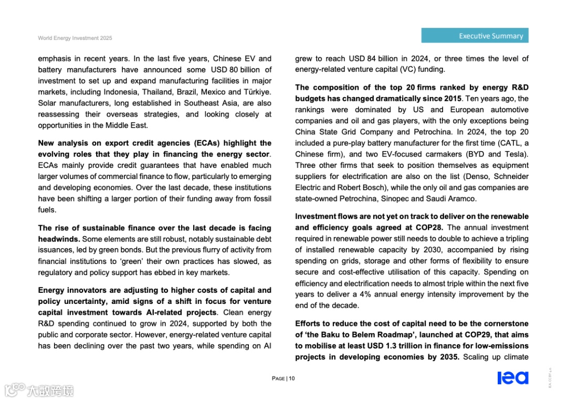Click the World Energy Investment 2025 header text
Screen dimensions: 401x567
[75, 38]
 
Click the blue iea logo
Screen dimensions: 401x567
[513, 377]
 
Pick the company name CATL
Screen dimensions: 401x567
[507, 143]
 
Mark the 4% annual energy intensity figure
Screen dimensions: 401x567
[350, 294]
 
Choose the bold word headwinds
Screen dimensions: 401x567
[58, 239]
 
